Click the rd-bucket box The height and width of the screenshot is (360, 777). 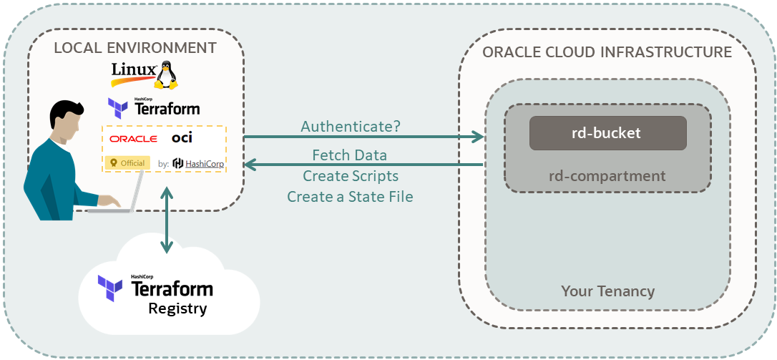607,133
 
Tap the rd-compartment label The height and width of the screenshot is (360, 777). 607,176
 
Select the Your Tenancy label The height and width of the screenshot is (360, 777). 607,291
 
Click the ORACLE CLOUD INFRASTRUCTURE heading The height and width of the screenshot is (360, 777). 607,52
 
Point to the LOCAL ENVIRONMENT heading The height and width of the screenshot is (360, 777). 135,48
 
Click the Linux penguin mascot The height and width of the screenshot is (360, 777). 168,74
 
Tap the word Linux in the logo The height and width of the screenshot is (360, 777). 134,70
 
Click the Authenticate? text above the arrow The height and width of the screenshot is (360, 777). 351,127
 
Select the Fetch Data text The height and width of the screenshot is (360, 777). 350,155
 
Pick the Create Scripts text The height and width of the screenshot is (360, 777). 350,175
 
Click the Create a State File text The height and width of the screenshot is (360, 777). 350,196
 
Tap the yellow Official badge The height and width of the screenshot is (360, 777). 127,163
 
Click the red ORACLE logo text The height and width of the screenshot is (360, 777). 133,138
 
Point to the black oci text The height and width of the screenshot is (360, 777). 182,137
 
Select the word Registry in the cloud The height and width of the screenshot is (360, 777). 177,309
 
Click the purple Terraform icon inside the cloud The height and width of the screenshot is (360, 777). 111,288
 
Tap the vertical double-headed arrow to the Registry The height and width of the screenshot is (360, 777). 167,220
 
